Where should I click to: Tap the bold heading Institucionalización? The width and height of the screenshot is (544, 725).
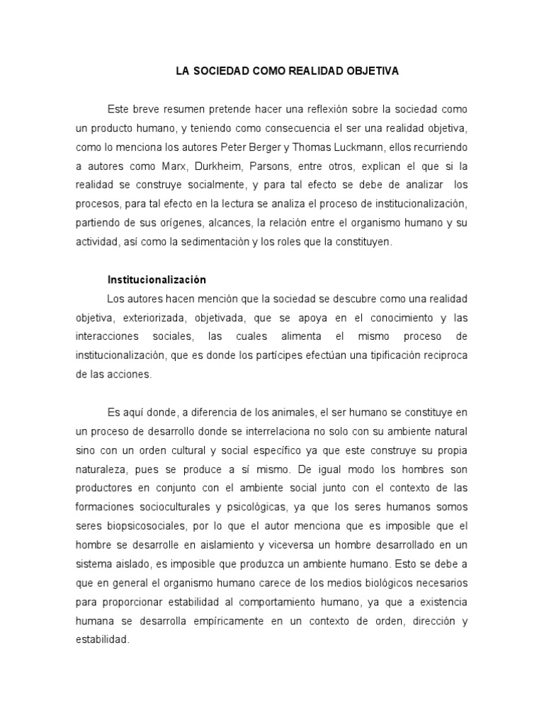pyautogui.click(x=157, y=280)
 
